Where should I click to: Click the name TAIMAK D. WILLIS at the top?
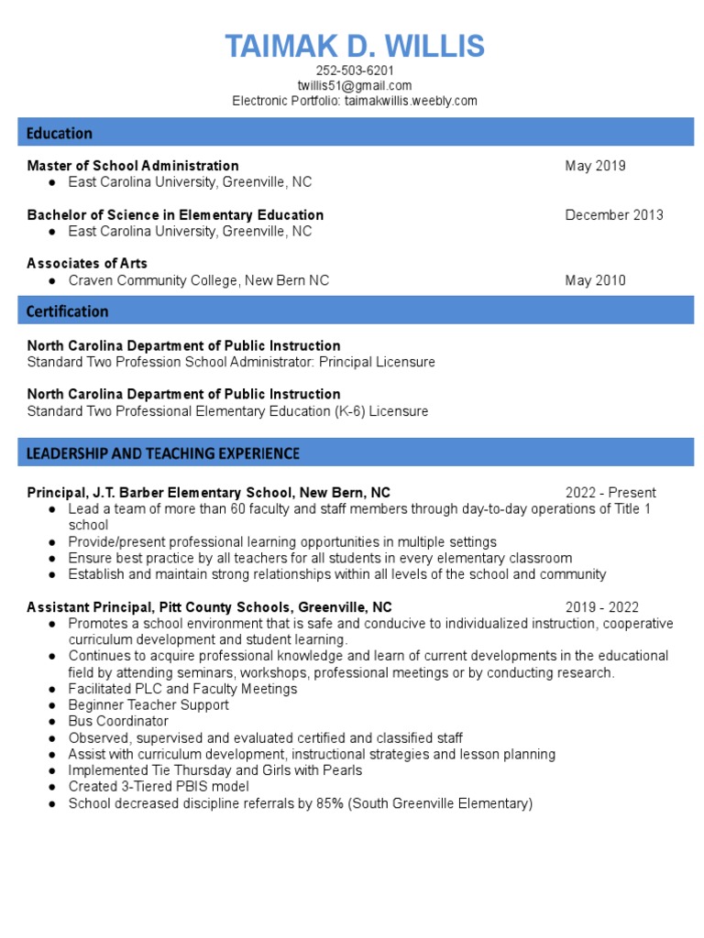pyautogui.click(x=355, y=46)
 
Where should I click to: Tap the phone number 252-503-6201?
pyautogui.click(x=355, y=71)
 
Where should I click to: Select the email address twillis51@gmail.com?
pyautogui.click(x=355, y=86)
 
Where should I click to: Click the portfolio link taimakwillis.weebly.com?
pyautogui.click(x=411, y=101)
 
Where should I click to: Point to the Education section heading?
pyautogui.click(x=60, y=133)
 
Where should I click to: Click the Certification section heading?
pyautogui.click(x=67, y=311)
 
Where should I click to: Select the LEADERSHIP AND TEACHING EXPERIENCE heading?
pyautogui.click(x=163, y=453)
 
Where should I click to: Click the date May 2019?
pyautogui.click(x=596, y=166)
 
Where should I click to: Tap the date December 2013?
pyautogui.click(x=614, y=215)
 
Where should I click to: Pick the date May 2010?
pyautogui.click(x=596, y=280)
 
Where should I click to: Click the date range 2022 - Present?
pyautogui.click(x=610, y=493)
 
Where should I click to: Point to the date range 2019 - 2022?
pyautogui.click(x=602, y=607)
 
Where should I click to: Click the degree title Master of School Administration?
pyautogui.click(x=133, y=166)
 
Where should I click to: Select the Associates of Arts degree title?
pyautogui.click(x=87, y=264)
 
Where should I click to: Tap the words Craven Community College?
pyautogui.click(x=153, y=280)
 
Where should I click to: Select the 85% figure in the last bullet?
pyautogui.click(x=330, y=803)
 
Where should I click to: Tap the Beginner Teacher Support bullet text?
pyautogui.click(x=148, y=705)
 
